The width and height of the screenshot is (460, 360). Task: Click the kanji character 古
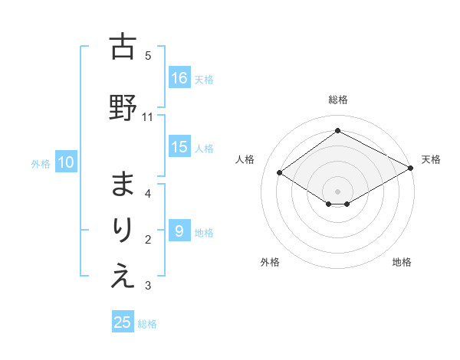click(x=123, y=47)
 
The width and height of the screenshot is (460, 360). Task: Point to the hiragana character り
click(x=123, y=231)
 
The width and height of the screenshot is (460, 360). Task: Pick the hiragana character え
click(x=123, y=277)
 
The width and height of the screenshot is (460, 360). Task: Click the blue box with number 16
click(x=180, y=77)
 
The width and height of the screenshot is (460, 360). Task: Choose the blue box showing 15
click(x=180, y=147)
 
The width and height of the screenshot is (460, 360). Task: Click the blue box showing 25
click(x=123, y=322)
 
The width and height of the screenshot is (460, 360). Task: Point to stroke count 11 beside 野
click(x=148, y=117)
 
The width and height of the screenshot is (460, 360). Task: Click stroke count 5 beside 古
click(x=148, y=55)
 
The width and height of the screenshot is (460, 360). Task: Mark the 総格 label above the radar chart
click(x=337, y=100)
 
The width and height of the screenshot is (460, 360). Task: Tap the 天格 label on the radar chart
click(x=431, y=159)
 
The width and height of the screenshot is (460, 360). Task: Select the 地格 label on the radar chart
click(x=402, y=262)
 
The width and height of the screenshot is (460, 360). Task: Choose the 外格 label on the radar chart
click(x=270, y=262)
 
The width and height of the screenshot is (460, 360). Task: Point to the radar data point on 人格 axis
click(x=280, y=173)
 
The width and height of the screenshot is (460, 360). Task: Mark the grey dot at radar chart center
click(x=337, y=191)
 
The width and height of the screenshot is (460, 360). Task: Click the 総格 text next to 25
click(x=147, y=324)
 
